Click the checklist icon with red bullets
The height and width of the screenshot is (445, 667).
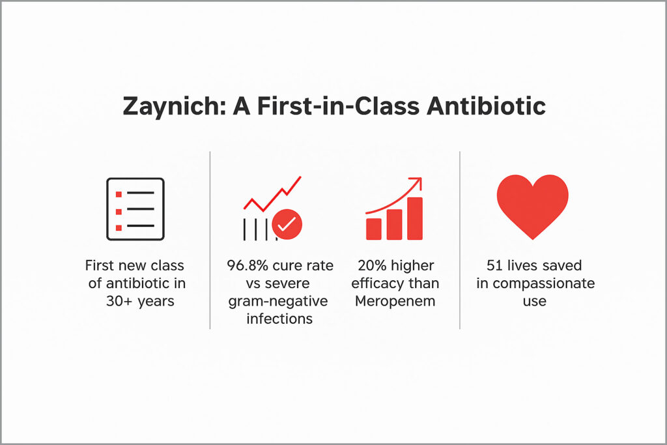point(135,209)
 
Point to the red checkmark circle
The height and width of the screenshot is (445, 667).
point(287,223)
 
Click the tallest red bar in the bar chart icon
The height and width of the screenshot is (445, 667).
point(415,218)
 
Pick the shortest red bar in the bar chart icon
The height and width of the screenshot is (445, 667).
point(373,229)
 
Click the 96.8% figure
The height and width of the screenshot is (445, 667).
point(248,265)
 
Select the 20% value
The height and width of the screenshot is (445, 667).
point(372,265)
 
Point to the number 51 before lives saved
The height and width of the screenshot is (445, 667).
point(494,265)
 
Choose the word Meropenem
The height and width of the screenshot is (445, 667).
point(395,301)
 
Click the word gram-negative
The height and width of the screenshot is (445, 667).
point(277,301)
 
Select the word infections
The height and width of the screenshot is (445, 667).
point(279,319)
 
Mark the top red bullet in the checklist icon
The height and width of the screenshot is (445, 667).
point(119,194)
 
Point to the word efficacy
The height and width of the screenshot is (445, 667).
point(378,283)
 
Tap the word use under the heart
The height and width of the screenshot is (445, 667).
point(535,302)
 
